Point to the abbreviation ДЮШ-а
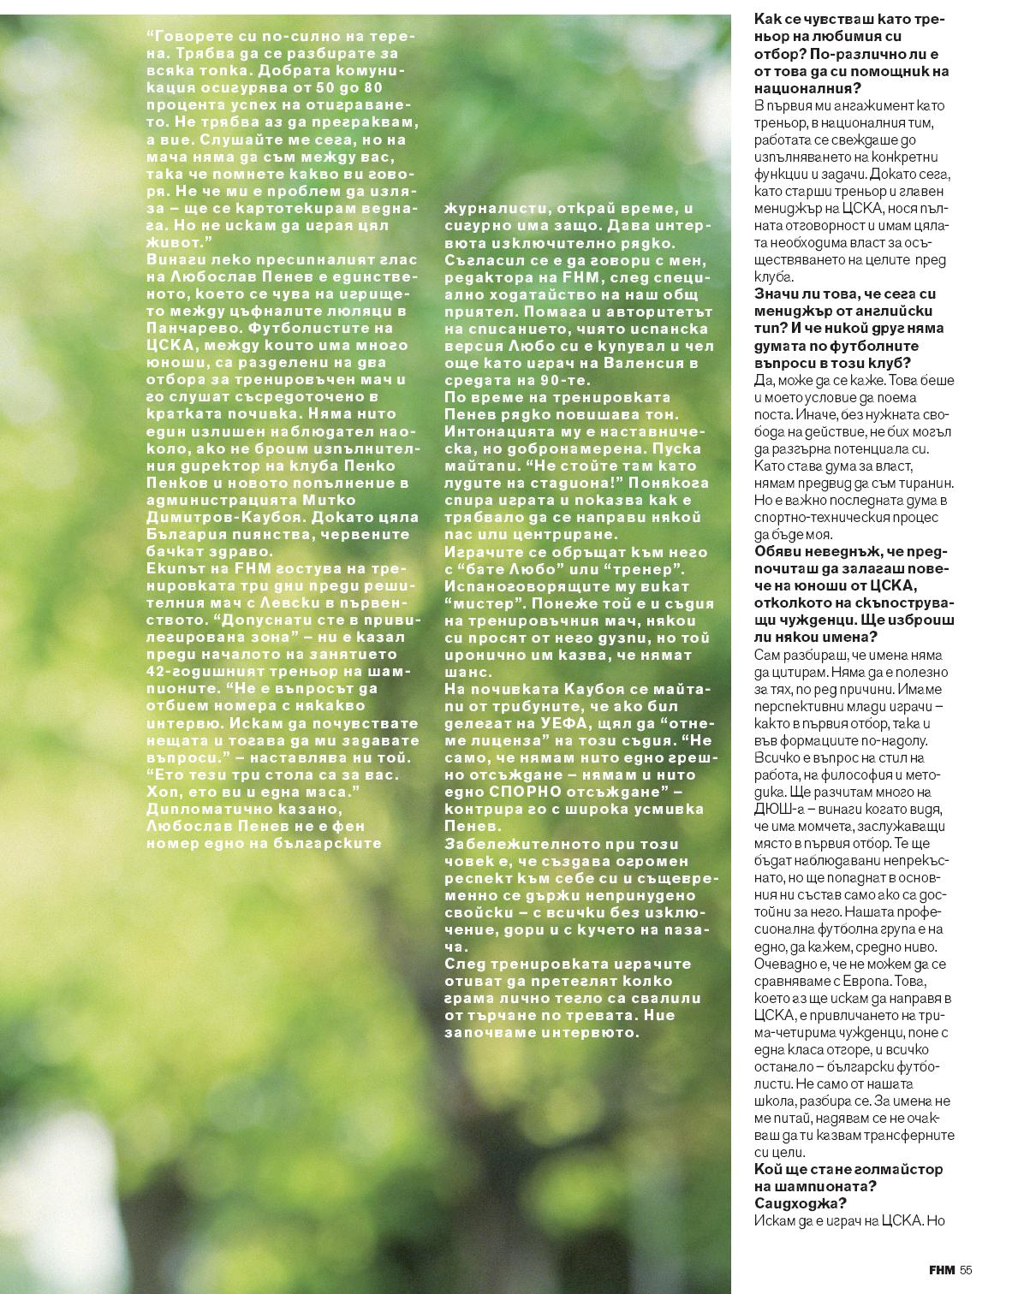[780, 809]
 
